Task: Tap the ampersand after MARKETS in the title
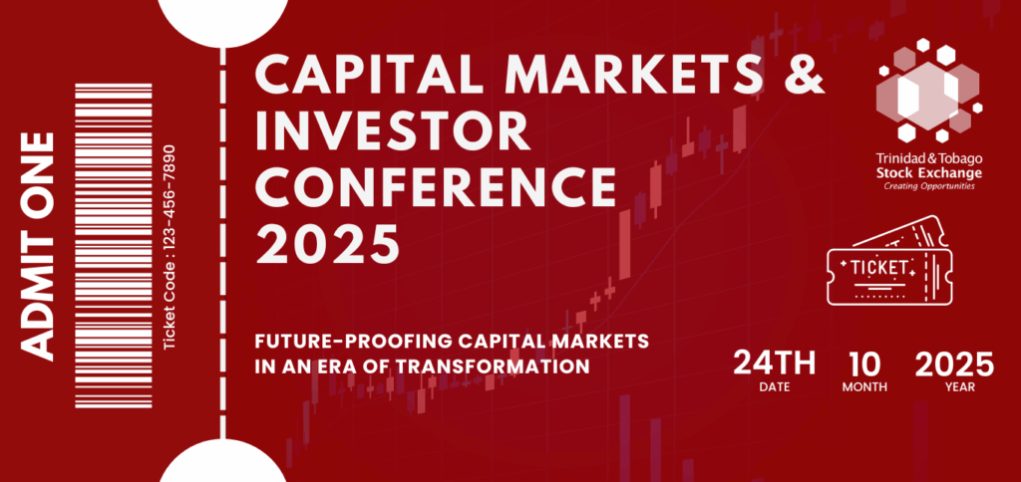pos(802,74)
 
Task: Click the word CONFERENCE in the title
pos(436,186)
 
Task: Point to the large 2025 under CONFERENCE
pos(327,242)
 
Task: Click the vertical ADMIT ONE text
pos(39,247)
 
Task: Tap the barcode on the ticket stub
pos(114,246)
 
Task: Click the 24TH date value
pos(774,363)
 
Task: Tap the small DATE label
pos(774,387)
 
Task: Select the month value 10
pos(864,363)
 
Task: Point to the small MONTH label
pos(864,387)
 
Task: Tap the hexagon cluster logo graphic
pos(928,91)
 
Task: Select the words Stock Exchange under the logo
pos(929,173)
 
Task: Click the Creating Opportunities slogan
pos(929,186)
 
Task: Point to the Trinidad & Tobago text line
pos(929,158)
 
